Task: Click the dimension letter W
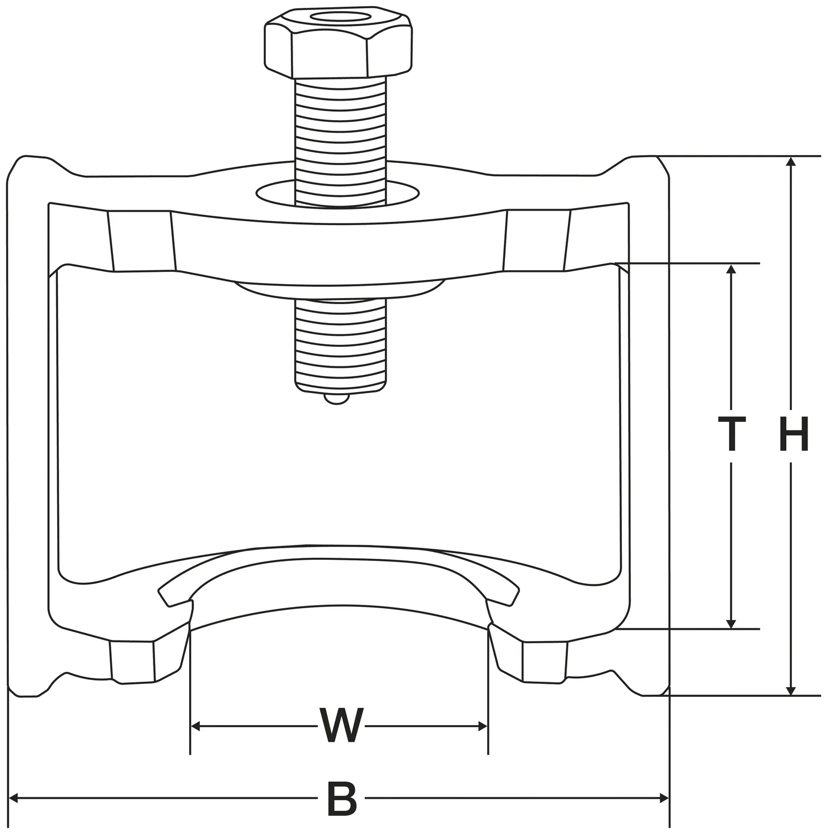click(x=341, y=726)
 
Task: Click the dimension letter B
click(x=341, y=799)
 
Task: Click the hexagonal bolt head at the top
click(x=338, y=43)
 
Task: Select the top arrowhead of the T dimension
click(x=731, y=269)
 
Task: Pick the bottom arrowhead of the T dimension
click(x=731, y=623)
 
